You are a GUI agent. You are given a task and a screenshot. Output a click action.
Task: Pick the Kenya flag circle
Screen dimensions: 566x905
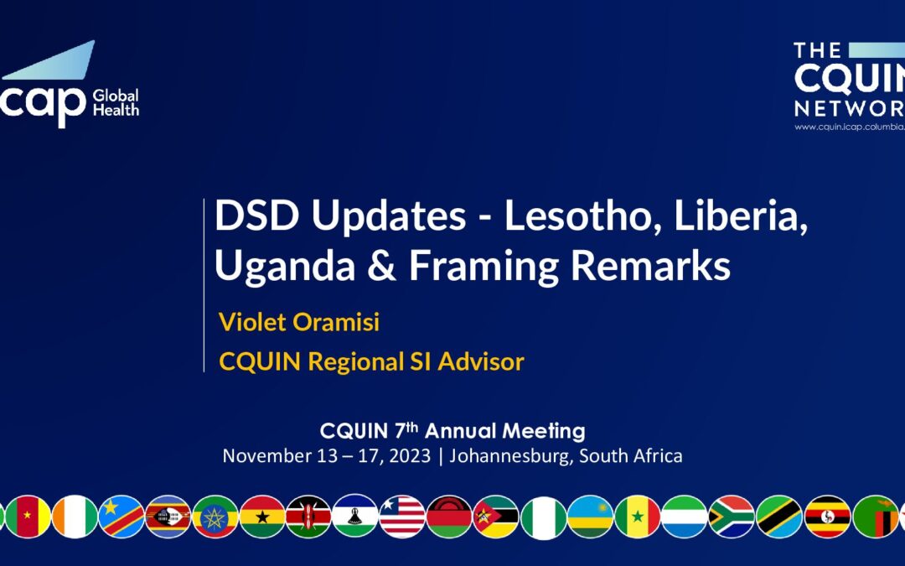[x=308, y=517]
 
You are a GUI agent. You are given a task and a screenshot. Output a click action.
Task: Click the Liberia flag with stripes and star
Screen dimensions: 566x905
[x=402, y=517]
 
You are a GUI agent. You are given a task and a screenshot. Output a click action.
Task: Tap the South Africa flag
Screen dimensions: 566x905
[x=732, y=517]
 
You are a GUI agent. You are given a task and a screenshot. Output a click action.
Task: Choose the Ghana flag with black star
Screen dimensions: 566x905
[x=262, y=517]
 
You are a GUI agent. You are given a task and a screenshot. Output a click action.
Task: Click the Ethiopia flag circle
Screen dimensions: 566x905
[x=215, y=517]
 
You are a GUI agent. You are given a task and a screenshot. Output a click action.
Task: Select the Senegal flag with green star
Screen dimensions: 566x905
[x=638, y=517]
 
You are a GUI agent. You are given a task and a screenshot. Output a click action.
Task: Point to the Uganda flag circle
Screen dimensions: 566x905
[x=827, y=517]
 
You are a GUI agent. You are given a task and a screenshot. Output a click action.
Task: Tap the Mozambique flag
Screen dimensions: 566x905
[x=495, y=517]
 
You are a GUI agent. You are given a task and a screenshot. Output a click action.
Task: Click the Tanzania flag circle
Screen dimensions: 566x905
[x=779, y=517]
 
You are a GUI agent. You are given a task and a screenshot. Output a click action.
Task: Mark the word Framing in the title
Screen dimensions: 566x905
[x=482, y=266]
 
